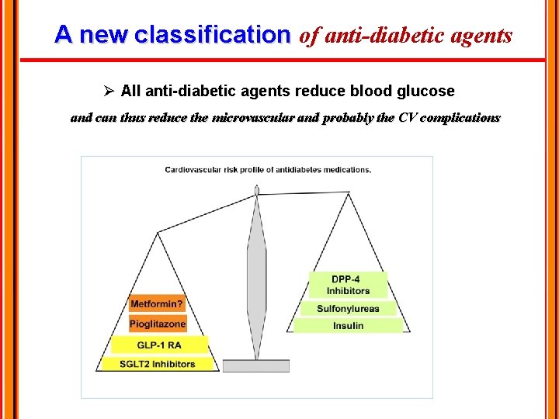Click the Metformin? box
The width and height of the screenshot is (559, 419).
157,304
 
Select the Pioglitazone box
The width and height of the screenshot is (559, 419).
158,324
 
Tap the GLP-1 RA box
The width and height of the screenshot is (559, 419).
158,345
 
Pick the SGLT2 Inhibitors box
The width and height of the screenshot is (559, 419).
157,363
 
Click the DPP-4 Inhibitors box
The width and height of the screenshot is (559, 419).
348,285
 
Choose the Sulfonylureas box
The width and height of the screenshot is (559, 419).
348,308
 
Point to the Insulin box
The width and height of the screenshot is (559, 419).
348,326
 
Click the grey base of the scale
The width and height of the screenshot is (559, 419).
256,365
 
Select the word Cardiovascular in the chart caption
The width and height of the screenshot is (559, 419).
192,170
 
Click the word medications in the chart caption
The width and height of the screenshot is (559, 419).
343,170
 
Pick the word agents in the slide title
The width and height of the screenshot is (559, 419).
485,35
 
